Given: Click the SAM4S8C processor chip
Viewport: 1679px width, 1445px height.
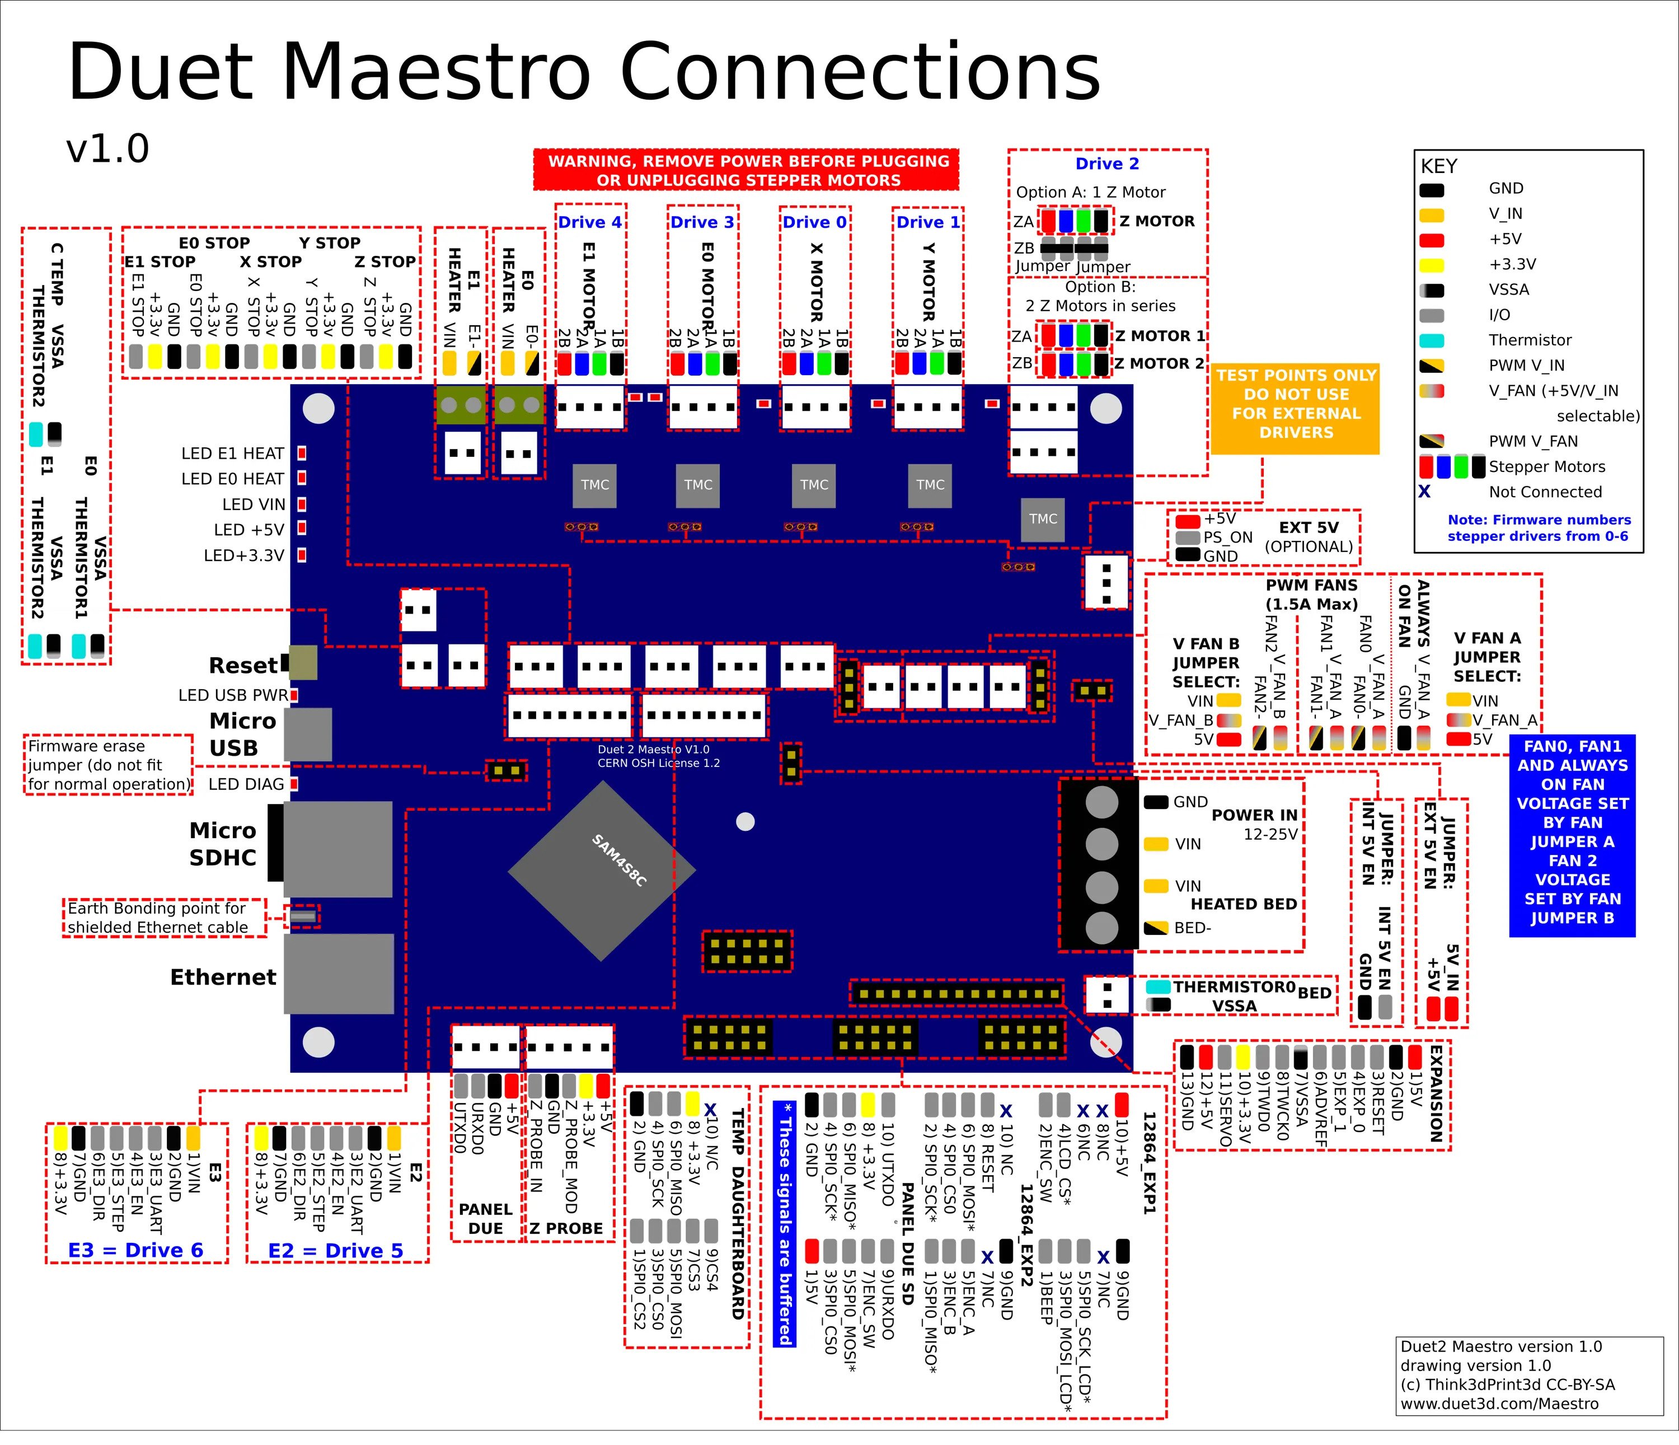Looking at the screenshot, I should pos(601,871).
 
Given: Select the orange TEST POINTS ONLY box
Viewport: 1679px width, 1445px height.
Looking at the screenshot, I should pos(1295,404).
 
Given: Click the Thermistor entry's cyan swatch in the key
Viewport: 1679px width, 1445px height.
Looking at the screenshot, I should pos(1432,340).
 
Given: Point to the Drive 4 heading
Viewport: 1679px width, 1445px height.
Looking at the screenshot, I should pos(590,222).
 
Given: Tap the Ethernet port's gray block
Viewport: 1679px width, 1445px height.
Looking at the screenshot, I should pos(339,974).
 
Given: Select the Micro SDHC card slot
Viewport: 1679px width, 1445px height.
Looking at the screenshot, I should pos(337,849).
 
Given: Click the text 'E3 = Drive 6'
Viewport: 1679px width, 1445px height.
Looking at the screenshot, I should pos(135,1251).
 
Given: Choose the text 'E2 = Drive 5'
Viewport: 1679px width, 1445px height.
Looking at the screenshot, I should pos(335,1251).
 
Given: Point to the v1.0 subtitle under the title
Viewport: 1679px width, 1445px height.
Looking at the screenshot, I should pos(108,149).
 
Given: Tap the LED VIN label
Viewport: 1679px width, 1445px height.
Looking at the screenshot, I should pos(254,504).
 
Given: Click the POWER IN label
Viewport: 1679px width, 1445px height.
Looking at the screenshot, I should pos(1254,815).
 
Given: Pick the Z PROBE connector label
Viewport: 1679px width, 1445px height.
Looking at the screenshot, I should pos(566,1229).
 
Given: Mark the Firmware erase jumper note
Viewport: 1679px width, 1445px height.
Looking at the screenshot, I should pos(109,765).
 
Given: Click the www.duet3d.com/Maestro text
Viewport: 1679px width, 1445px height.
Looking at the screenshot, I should pos(1499,1404).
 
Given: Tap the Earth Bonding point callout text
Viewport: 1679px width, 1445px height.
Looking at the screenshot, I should pos(157,918).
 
